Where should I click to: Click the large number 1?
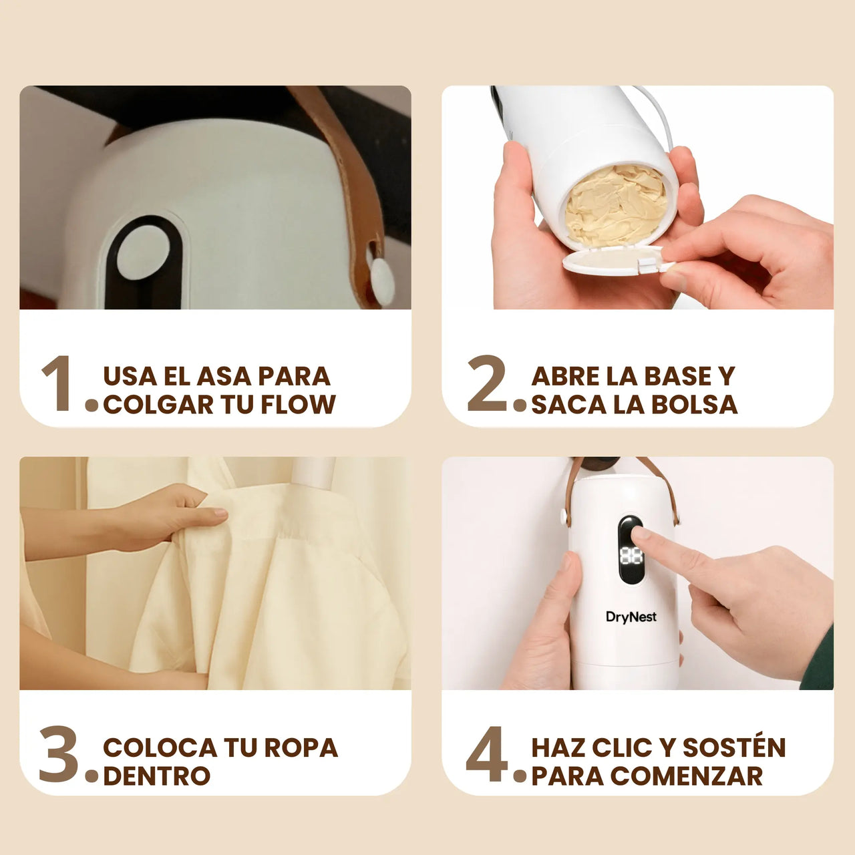coord(59,383)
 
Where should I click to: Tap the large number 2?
coord(487,383)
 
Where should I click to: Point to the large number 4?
coord(487,754)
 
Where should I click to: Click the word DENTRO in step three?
coord(156,776)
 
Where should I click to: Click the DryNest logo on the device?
coord(631,617)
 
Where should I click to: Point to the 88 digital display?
coord(631,556)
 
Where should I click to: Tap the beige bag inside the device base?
coord(616,204)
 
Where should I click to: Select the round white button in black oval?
coord(144,252)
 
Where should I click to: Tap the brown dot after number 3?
coord(92,776)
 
